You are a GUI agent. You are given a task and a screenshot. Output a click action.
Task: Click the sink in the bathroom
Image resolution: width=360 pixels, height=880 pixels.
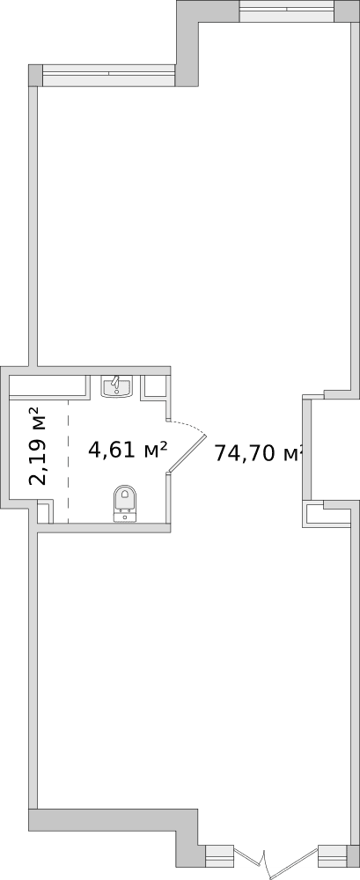pyautogui.click(x=116, y=386)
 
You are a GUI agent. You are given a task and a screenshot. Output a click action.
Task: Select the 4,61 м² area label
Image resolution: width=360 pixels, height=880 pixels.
pyautogui.click(x=128, y=451)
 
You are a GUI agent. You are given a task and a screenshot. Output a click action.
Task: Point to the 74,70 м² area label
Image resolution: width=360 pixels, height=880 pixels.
pyautogui.click(x=258, y=453)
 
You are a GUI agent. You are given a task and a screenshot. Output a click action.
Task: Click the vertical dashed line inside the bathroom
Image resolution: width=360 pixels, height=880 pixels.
pyautogui.click(x=68, y=458)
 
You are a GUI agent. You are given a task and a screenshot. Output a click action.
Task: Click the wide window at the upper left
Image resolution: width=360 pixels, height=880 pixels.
pyautogui.click(x=108, y=76)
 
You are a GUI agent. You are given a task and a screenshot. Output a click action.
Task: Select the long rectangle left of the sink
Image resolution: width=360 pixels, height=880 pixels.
pyautogui.click(x=49, y=385)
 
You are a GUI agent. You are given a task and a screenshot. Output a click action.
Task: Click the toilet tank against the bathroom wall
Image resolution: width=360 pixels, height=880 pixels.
pyautogui.click(x=125, y=517)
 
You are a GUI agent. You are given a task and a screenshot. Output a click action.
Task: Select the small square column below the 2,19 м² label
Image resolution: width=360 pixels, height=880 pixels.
pyautogui.click(x=44, y=513)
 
